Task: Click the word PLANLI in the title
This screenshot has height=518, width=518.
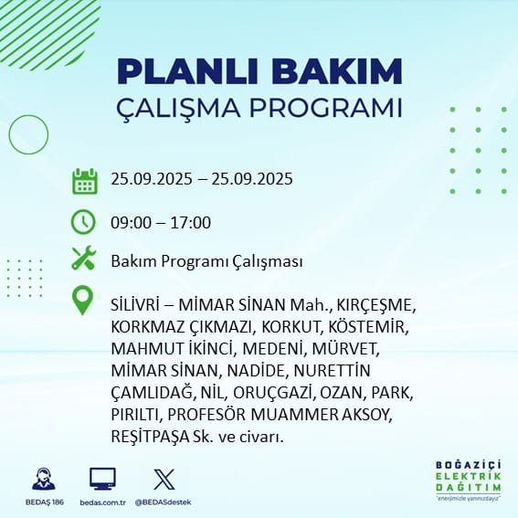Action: (187, 71)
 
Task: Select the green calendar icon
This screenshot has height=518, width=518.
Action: (85, 181)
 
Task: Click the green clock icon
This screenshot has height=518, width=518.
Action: (83, 222)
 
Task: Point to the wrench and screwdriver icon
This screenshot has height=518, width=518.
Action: (83, 258)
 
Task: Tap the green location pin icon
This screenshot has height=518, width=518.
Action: (82, 300)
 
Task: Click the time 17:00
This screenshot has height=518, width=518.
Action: (191, 223)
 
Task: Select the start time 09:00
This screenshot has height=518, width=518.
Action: (132, 223)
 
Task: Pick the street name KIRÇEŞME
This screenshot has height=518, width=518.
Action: (375, 305)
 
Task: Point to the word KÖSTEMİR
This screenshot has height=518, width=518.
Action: (368, 326)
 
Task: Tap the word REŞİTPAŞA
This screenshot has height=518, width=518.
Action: (150, 437)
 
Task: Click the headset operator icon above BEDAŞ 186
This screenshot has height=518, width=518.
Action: (44, 479)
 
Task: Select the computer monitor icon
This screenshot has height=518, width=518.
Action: (102, 479)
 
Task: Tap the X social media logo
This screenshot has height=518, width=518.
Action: (164, 479)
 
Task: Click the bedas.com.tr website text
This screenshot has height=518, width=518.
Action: (102, 502)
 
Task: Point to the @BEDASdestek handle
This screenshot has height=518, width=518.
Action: (163, 502)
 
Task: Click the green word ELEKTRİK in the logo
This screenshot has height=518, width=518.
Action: (469, 476)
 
